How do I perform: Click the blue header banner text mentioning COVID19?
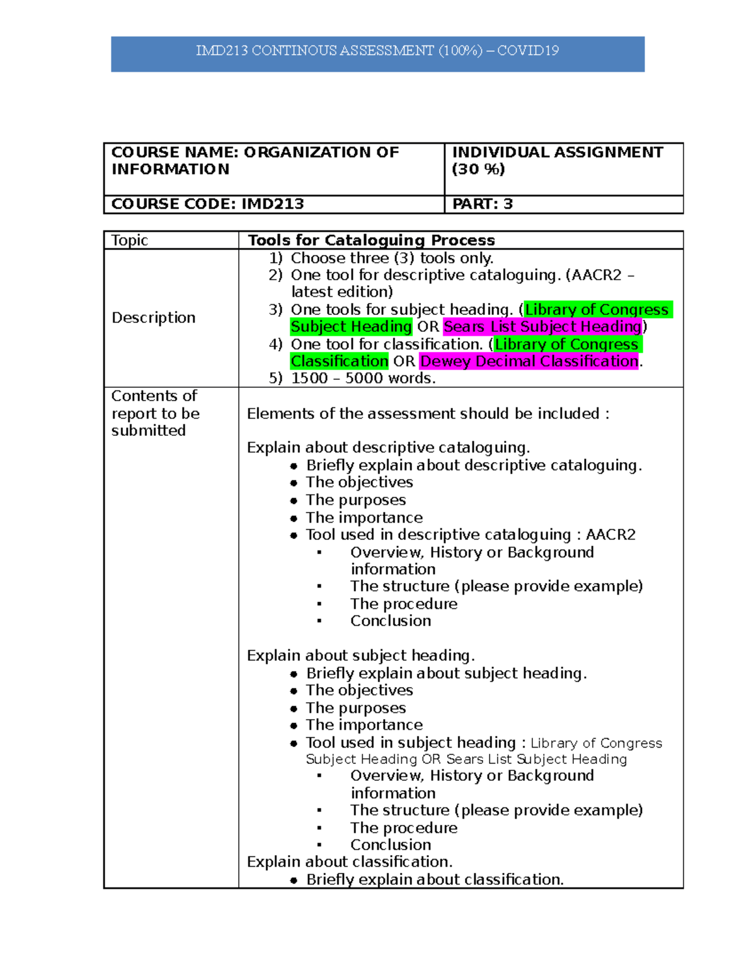click(x=377, y=51)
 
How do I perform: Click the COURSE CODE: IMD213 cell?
click(x=207, y=204)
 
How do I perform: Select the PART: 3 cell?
click(x=482, y=204)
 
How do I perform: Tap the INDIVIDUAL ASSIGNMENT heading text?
click(x=557, y=152)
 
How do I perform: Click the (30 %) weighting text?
click(x=478, y=169)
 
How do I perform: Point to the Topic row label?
click(x=129, y=241)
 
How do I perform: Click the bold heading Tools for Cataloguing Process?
click(x=371, y=241)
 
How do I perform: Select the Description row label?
click(x=153, y=318)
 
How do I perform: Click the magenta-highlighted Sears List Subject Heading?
click(x=542, y=327)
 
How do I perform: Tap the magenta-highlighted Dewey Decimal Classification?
click(x=529, y=361)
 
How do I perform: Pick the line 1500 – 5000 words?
click(x=363, y=378)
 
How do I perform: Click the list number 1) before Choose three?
click(x=275, y=258)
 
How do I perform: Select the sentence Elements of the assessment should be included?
click(x=428, y=414)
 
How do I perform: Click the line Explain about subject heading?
click(x=360, y=656)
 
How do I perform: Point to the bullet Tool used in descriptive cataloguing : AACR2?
click(x=470, y=535)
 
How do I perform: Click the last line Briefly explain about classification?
click(x=434, y=880)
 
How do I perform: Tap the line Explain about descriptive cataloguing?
click(x=388, y=448)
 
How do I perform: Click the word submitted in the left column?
click(x=148, y=431)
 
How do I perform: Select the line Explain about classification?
click(x=350, y=862)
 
